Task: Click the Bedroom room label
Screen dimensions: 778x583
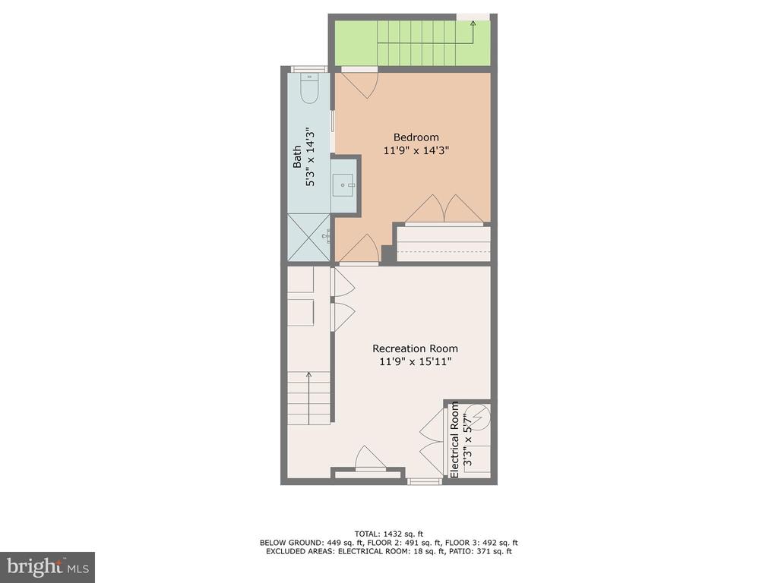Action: tap(416, 137)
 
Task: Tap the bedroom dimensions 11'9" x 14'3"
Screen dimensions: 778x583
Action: tap(416, 150)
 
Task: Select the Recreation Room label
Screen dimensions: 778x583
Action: tap(416, 348)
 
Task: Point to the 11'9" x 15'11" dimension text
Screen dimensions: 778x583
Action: tap(416, 361)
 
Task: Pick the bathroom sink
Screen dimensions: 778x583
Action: tap(343, 185)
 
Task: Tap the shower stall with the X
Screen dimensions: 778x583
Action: tap(308, 238)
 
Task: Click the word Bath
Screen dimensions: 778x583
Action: tap(297, 156)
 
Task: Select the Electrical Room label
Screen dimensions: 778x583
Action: tap(454, 440)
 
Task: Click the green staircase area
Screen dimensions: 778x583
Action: tap(413, 43)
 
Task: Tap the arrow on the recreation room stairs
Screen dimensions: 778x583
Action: tap(308, 398)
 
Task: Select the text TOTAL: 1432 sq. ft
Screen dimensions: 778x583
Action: tap(388, 534)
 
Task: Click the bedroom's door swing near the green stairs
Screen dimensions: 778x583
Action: tap(359, 84)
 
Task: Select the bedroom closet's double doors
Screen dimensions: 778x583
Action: tap(444, 209)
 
